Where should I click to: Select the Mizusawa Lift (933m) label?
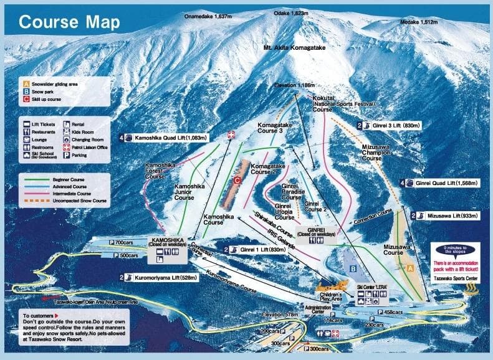452,216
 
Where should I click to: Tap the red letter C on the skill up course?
237,180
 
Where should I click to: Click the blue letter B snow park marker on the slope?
353,268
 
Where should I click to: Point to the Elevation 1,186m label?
294,85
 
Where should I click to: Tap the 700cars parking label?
125,242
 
